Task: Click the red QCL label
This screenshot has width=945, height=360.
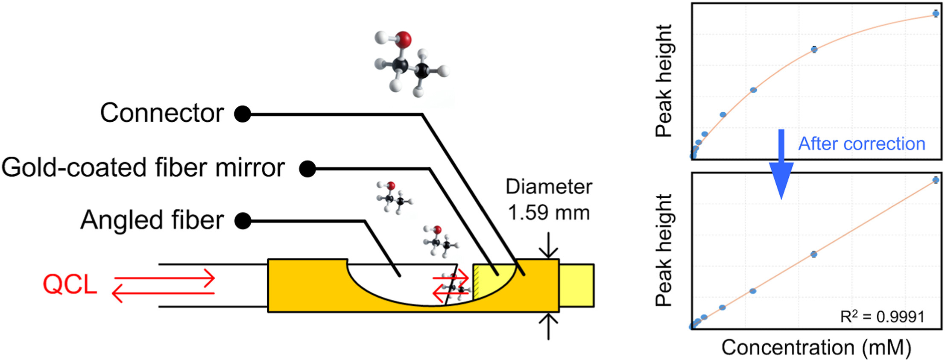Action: (70, 284)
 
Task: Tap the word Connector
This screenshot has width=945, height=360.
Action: (162, 113)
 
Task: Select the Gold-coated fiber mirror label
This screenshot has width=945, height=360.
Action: (143, 167)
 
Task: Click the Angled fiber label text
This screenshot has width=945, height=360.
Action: (152, 220)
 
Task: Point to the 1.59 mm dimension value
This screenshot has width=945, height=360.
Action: (549, 213)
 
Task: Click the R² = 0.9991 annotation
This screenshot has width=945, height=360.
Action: (882, 316)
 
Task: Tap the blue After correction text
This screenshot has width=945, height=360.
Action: (862, 144)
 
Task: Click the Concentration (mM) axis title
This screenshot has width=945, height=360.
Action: (816, 348)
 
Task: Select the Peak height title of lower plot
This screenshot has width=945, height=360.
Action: (664, 250)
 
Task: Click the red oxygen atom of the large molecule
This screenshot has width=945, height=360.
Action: (403, 40)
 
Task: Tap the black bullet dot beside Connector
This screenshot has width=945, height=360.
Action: (243, 114)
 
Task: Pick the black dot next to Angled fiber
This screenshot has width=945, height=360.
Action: (243, 221)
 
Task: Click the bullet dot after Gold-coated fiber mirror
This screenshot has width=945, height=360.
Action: (307, 169)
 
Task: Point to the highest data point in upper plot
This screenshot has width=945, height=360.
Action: (936, 14)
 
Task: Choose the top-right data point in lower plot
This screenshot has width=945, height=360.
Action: (936, 180)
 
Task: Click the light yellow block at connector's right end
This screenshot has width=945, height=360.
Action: (576, 285)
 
